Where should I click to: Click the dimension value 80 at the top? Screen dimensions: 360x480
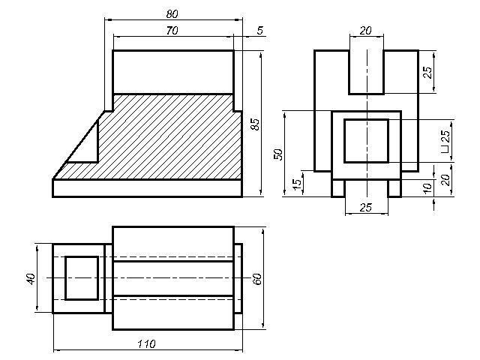tap(173, 13)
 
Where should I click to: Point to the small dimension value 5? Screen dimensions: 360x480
tap(259, 30)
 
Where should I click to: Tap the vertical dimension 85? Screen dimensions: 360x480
tap(255, 124)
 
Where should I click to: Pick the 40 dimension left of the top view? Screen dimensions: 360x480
tap(31, 278)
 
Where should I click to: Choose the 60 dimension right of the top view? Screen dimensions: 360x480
tap(256, 278)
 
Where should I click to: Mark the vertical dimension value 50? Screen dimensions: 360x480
tap(278, 154)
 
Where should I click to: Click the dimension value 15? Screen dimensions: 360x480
tap(297, 182)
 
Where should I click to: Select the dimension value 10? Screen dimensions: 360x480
tap(427, 187)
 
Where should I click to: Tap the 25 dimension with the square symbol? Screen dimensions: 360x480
tap(445, 142)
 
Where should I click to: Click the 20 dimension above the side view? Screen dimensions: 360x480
tap(366, 30)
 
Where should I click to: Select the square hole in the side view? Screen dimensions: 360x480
tap(366, 140)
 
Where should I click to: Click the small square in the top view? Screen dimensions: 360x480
tap(81, 277)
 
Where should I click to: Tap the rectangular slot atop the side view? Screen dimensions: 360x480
tap(366, 71)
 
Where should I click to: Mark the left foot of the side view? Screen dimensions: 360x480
tap(338, 188)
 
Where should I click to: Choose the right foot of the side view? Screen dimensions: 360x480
tap(394, 188)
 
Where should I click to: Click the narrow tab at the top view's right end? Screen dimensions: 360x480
tap(238, 278)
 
